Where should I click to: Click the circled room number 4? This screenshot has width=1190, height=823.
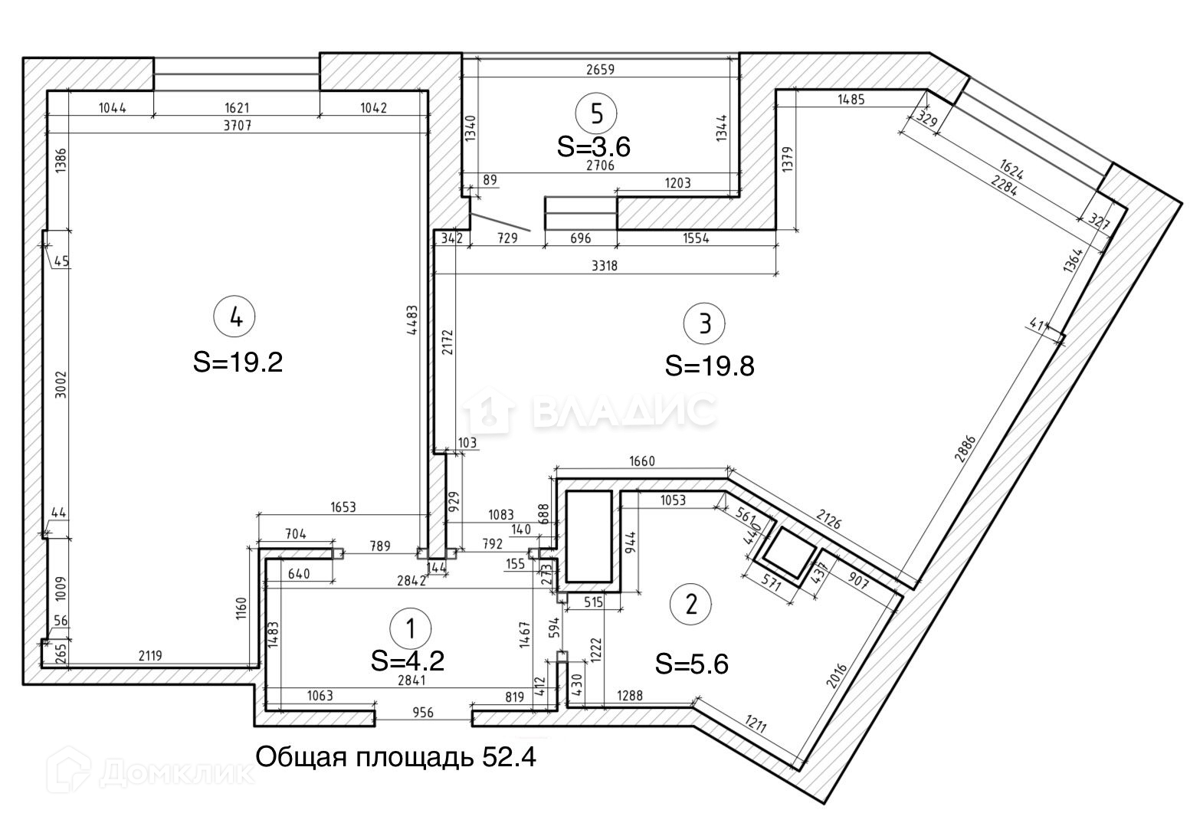click(x=236, y=316)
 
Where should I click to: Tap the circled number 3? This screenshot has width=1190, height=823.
click(x=704, y=323)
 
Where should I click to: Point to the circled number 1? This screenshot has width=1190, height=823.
click(x=410, y=629)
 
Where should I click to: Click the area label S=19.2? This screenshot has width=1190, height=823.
click(x=238, y=362)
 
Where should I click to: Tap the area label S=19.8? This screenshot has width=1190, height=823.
click(x=710, y=366)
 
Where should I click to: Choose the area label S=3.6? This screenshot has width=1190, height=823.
click(x=594, y=146)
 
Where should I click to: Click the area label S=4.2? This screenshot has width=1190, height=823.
click(x=408, y=661)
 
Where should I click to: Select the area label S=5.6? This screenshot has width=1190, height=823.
click(x=691, y=664)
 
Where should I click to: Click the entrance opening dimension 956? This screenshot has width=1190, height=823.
click(x=423, y=713)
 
